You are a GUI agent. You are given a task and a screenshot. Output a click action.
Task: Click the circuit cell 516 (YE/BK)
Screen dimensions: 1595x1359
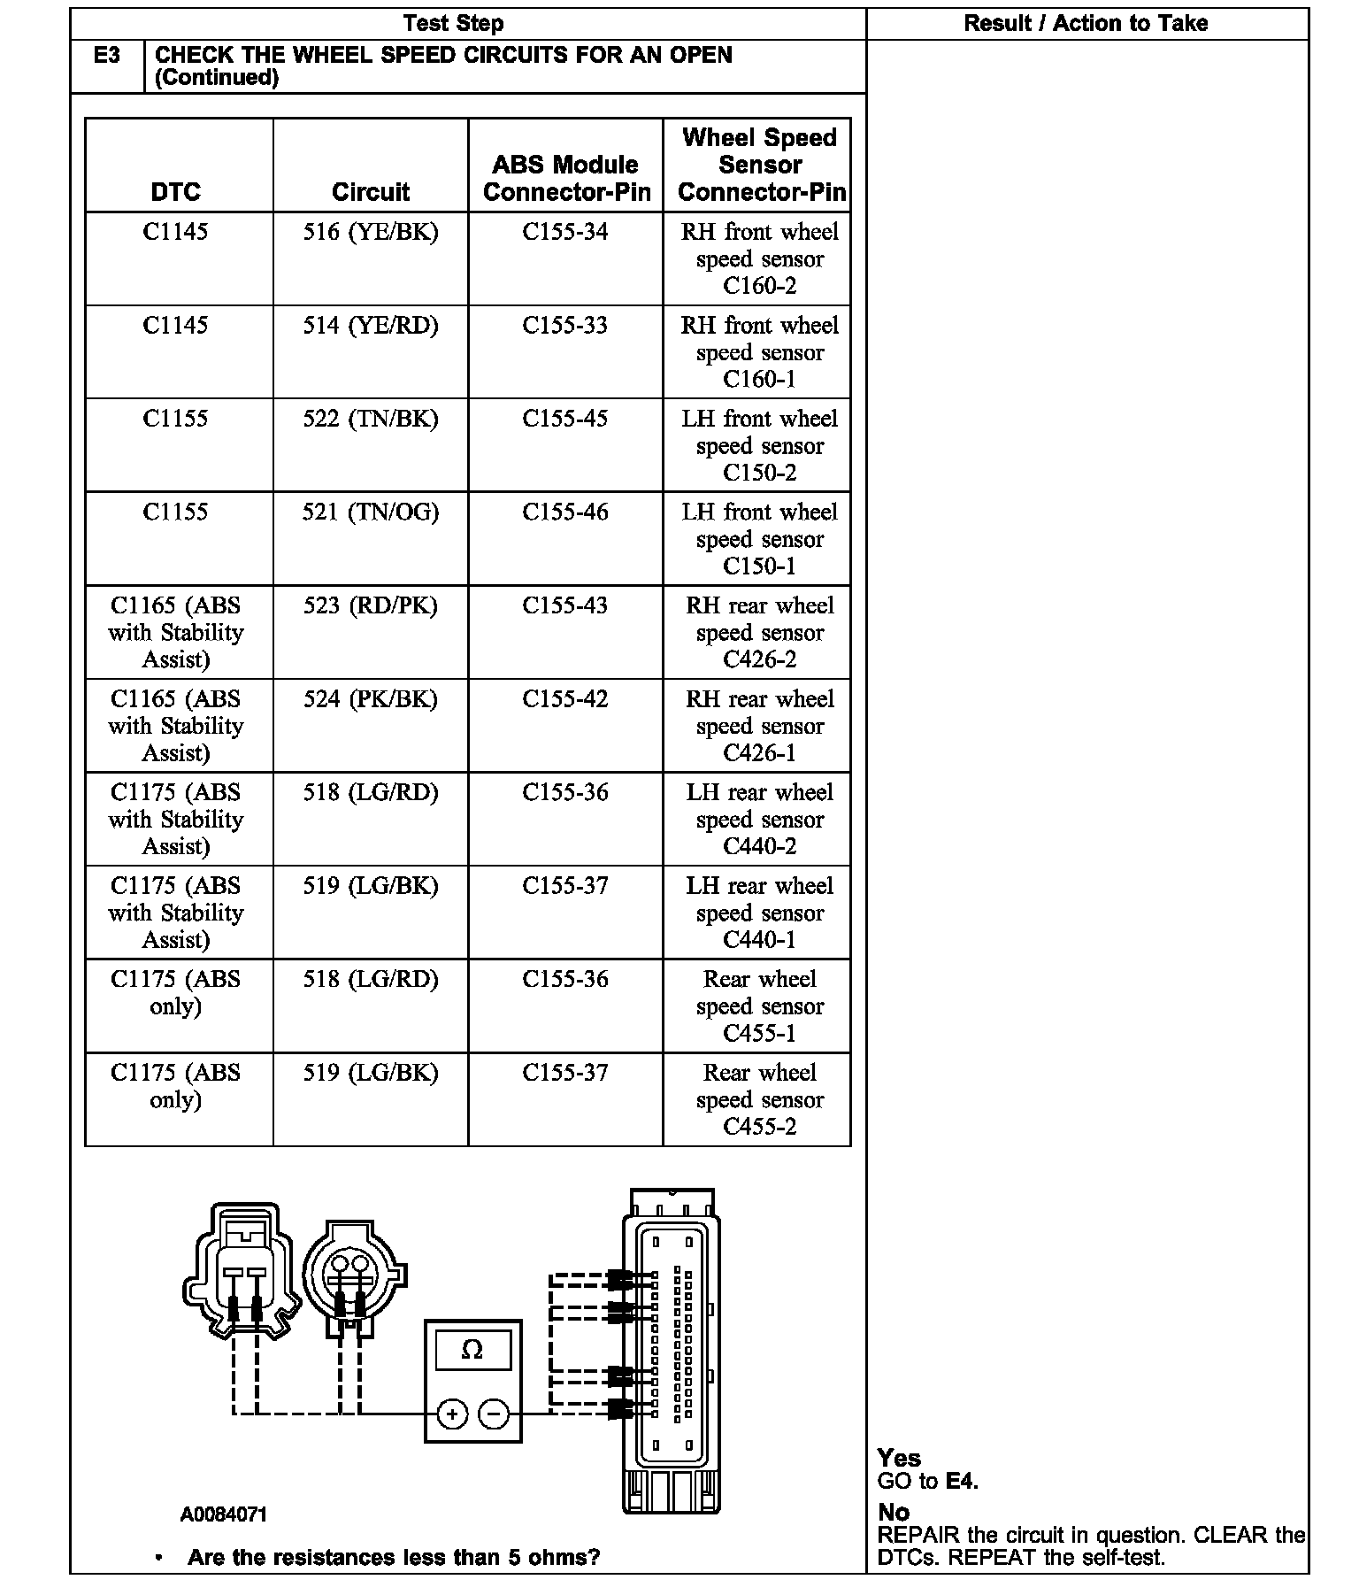point(370,232)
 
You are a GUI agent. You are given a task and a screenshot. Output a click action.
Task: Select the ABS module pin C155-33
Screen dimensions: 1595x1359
point(564,326)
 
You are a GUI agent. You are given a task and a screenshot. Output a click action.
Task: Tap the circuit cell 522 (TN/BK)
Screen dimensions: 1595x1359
point(370,419)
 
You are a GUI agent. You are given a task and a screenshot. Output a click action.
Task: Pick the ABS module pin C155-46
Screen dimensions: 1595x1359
point(564,512)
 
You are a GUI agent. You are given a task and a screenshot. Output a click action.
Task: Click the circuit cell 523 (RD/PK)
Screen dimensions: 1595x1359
point(370,605)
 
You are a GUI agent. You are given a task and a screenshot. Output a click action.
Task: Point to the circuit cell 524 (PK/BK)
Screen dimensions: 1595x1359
point(370,699)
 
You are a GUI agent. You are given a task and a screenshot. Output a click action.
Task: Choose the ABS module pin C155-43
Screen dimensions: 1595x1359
point(564,605)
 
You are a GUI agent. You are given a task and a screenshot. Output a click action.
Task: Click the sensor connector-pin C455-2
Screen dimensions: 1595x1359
point(759,1127)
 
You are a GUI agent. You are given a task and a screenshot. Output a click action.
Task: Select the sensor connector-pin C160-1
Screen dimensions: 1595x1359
point(759,380)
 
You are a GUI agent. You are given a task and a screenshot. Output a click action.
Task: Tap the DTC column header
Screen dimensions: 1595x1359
point(175,192)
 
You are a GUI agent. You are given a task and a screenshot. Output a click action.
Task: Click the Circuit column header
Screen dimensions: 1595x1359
point(370,192)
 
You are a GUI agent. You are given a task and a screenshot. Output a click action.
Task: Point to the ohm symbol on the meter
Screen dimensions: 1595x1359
point(472,1351)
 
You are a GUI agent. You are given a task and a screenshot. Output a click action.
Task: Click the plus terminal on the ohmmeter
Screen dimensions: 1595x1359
point(452,1414)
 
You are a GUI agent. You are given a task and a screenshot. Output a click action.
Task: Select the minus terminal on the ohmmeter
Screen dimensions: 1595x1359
point(493,1414)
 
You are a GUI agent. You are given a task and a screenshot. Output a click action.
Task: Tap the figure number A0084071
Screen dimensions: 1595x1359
point(223,1514)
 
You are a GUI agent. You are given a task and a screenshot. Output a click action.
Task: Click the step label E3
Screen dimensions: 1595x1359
point(106,56)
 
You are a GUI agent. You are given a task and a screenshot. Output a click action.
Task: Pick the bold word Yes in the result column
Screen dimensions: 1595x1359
point(899,1458)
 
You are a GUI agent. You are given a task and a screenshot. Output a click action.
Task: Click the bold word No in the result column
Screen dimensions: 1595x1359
point(894,1512)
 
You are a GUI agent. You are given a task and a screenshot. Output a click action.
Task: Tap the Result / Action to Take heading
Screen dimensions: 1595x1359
point(1086,24)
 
